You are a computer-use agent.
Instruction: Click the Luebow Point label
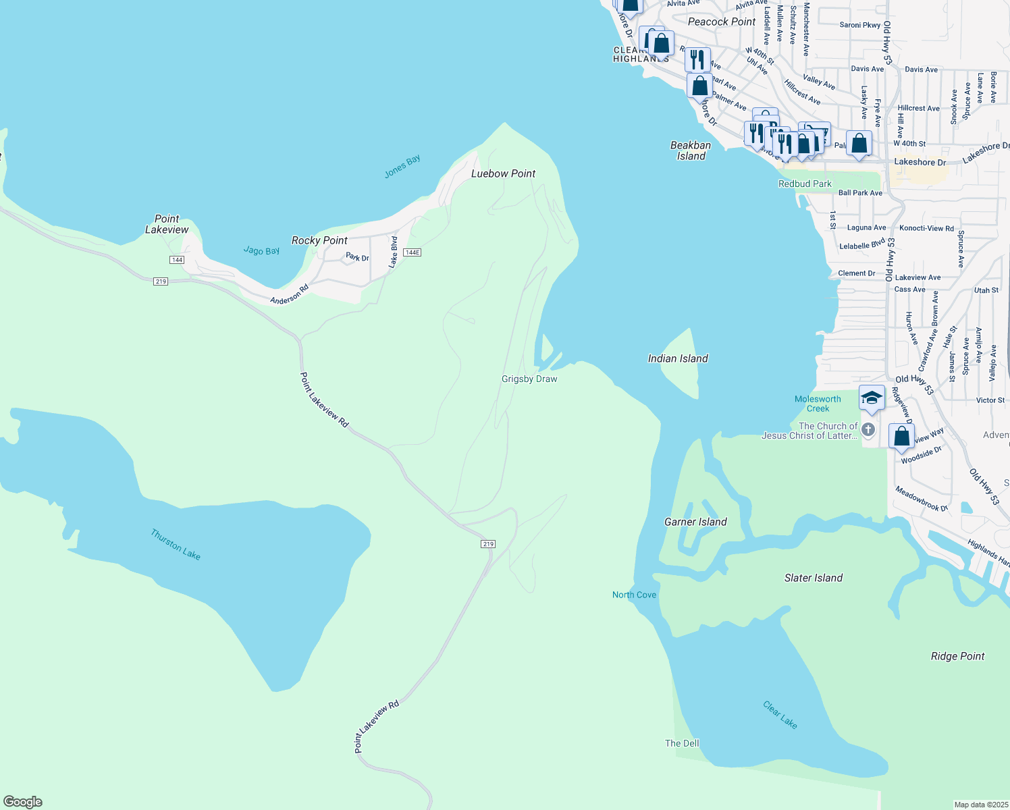click(x=503, y=173)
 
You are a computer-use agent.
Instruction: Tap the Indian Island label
click(x=678, y=358)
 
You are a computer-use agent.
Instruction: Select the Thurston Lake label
click(x=176, y=545)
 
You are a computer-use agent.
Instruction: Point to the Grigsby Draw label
click(x=529, y=379)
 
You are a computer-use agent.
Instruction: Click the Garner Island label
click(x=695, y=522)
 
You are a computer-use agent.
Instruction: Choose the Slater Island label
click(x=813, y=578)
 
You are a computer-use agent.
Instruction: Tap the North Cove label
click(x=634, y=595)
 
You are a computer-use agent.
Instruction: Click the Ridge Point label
click(x=957, y=656)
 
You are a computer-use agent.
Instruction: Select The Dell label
click(x=682, y=743)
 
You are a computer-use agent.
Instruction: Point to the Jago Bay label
click(x=261, y=250)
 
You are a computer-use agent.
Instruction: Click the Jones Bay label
click(x=402, y=166)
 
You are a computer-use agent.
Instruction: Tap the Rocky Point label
click(x=319, y=240)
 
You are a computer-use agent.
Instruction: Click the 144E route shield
click(x=412, y=252)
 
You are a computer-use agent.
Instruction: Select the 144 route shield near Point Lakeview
click(x=177, y=260)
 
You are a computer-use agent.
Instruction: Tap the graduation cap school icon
click(x=872, y=397)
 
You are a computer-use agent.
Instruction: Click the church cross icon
click(x=868, y=429)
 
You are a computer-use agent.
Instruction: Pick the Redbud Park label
click(x=805, y=184)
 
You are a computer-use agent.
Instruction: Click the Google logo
click(x=23, y=802)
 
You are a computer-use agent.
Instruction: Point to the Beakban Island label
click(x=691, y=151)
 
